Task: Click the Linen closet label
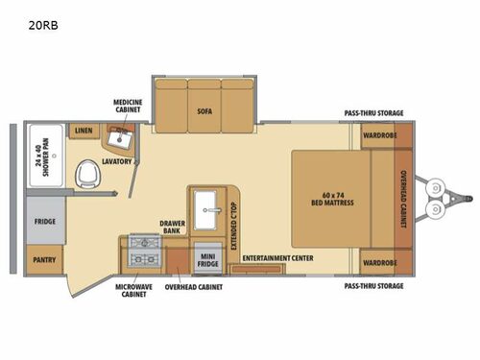coord(84,131)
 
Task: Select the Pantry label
coord(44,257)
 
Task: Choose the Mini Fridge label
coord(207,258)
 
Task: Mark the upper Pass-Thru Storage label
coord(373,113)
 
